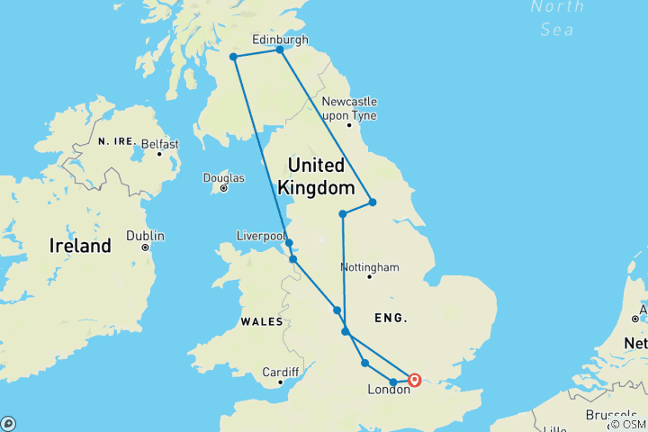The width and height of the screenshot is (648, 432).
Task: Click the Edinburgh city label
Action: tap(280, 40)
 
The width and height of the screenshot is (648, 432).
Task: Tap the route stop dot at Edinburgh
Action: tap(280, 49)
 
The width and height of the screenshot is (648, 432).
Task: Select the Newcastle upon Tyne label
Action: tap(349, 108)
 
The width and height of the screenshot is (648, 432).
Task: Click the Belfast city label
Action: tap(159, 143)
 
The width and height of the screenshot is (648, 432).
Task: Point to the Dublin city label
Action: tap(145, 235)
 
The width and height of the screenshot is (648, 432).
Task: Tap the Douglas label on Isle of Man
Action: tap(223, 176)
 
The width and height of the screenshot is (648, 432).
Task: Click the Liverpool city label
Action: tap(261, 236)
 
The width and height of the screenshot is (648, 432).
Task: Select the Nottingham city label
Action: tap(370, 267)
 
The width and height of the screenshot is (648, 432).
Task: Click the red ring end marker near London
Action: tap(415, 380)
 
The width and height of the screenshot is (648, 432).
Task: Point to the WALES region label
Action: tap(260, 321)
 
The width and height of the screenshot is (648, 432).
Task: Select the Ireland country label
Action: tap(81, 246)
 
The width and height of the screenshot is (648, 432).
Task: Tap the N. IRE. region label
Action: tap(116, 141)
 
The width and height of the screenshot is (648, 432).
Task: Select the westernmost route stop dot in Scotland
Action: tap(234, 57)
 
